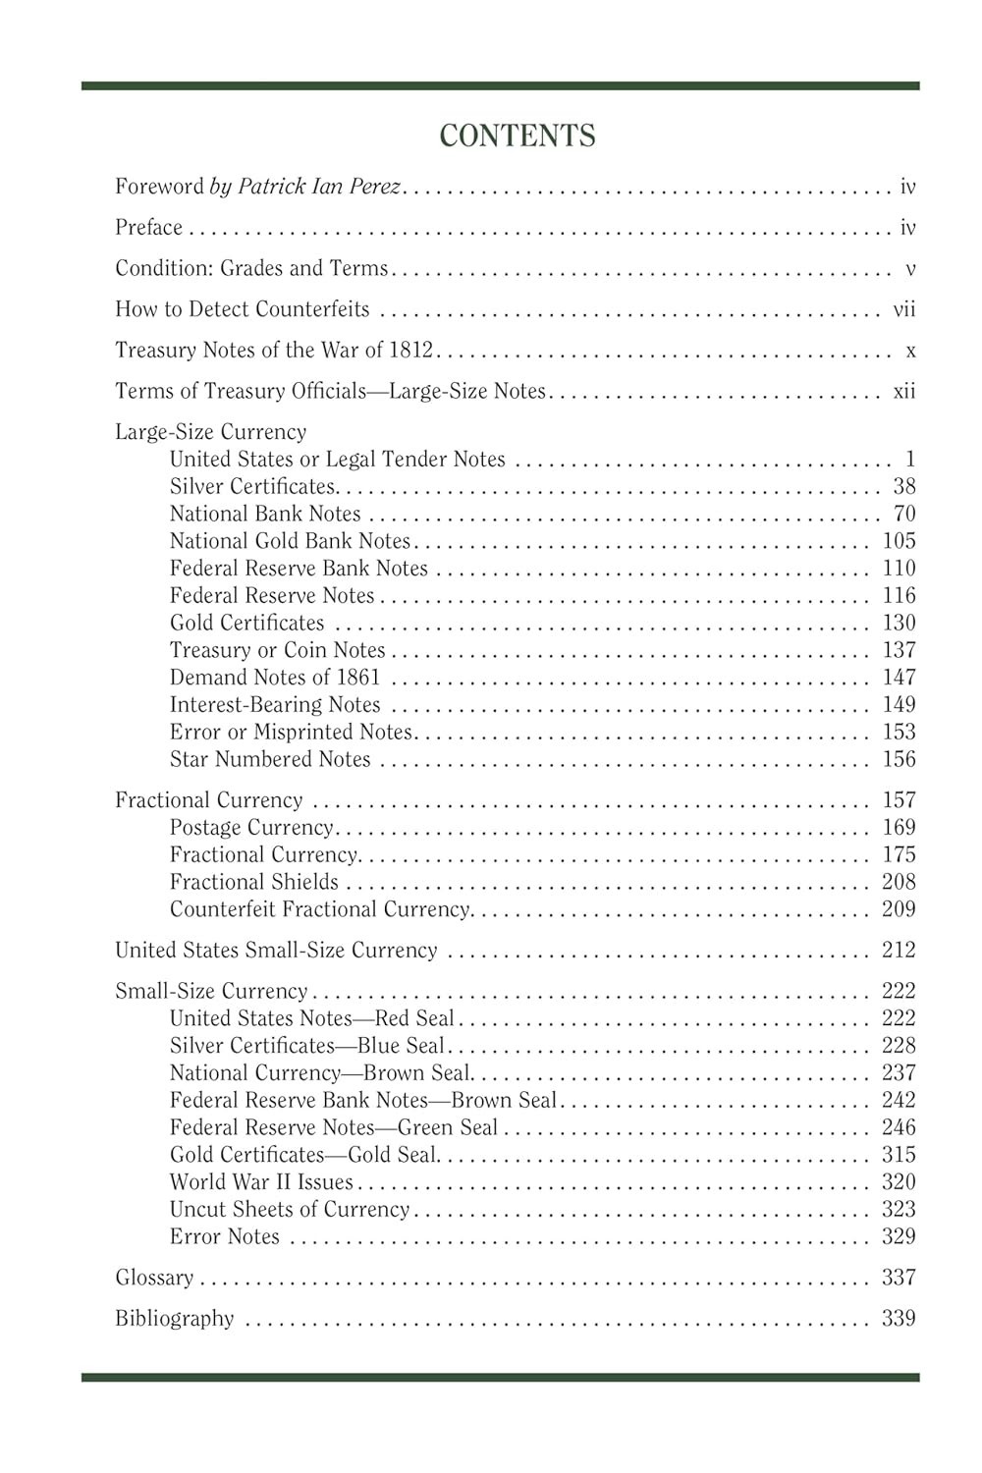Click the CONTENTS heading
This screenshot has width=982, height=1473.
518,136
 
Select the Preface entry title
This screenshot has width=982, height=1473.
149,228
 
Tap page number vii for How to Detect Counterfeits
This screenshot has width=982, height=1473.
903,310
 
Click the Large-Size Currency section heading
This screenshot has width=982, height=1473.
211,432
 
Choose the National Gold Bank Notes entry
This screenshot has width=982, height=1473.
290,541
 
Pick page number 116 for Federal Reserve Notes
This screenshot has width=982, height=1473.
899,596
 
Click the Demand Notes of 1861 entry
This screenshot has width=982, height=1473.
275,678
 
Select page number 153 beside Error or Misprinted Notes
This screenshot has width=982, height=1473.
899,733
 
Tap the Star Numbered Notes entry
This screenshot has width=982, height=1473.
270,760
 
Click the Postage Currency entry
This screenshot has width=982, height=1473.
251,828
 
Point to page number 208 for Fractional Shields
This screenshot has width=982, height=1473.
899,882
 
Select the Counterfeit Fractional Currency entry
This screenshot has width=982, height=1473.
319,909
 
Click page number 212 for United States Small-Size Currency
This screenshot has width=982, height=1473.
899,951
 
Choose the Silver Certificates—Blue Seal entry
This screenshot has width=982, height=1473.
307,1046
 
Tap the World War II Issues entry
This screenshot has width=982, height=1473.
261,1182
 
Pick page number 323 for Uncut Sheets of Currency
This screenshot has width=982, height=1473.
899,1210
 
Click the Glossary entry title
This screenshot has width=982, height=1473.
154,1278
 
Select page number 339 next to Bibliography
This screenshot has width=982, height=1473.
899,1319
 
